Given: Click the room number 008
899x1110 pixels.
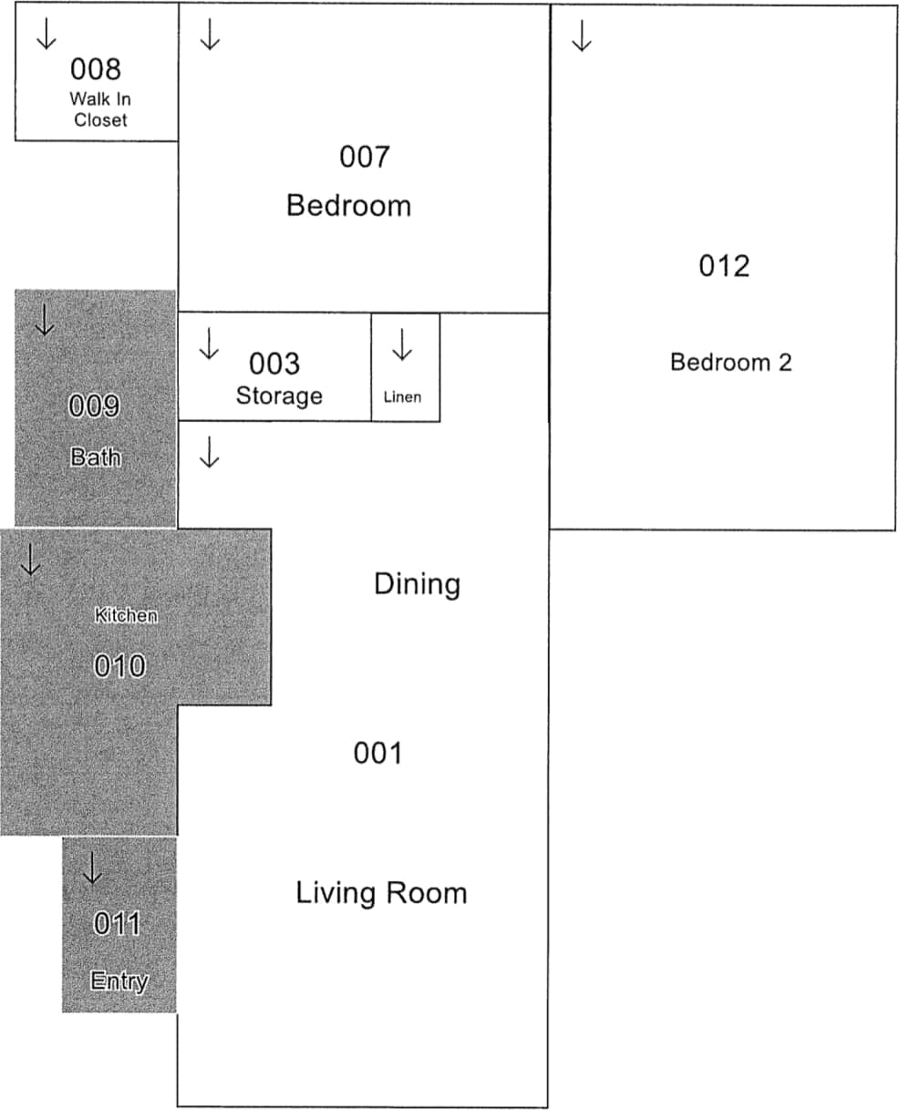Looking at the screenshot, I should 95,69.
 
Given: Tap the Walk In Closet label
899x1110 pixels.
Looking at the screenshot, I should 100,109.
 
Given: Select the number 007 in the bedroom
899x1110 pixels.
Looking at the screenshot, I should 364,157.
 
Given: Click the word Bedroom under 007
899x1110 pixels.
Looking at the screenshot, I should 348,205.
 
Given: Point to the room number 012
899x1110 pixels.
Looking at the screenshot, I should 724,266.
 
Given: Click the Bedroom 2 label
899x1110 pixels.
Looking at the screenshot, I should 730,362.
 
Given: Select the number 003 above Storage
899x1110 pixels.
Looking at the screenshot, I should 274,364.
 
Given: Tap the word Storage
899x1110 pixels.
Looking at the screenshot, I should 279,396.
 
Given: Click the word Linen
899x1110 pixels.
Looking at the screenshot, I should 402,397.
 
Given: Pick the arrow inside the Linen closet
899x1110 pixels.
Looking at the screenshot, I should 402,345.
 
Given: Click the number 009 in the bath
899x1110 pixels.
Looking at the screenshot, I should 95,406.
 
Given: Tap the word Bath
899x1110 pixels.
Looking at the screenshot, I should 95,457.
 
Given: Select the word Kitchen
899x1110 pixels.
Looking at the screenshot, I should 126,616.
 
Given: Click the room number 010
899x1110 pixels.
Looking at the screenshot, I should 119,666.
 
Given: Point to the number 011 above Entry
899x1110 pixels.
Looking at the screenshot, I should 117,924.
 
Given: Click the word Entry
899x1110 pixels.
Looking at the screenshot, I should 119,982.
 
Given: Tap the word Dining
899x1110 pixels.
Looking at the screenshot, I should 417,584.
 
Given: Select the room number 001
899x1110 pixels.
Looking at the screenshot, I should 377,753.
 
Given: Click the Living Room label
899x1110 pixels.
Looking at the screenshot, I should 381,892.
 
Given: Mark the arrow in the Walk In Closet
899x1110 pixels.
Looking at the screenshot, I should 46,34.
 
